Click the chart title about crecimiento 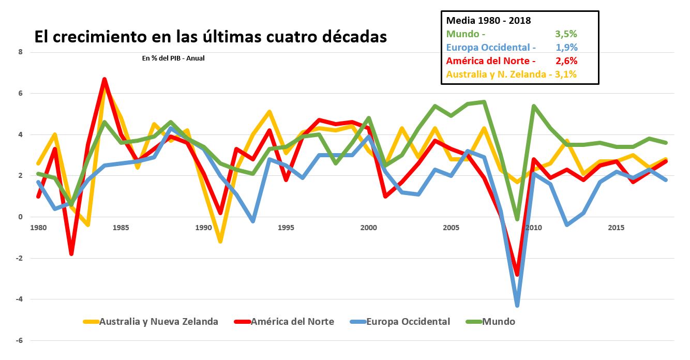pos(211,37)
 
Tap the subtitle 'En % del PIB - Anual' pos(173,58)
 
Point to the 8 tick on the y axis pos(20,52)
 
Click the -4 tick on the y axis pos(19,299)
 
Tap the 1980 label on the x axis pos(38,228)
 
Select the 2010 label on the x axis pos(533,228)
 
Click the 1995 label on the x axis pos(286,228)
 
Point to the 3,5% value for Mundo pos(566,34)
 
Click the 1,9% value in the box pos(567,48)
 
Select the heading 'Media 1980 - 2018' pos(488,21)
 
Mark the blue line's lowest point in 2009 pos(517,305)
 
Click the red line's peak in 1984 pos(104,79)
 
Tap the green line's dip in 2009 pos(517,219)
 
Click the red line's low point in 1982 pos(71,254)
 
